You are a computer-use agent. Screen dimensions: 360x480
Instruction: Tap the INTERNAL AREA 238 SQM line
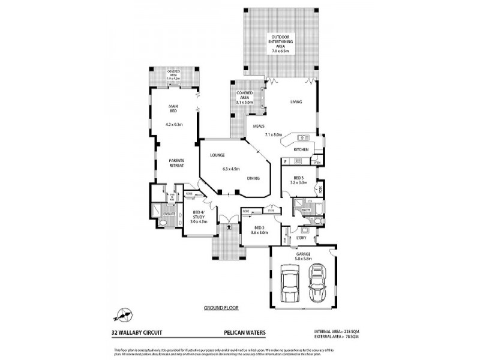click(337, 331)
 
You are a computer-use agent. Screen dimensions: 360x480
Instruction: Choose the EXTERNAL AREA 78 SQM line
click(337, 337)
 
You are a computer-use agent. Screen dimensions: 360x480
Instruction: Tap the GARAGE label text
click(302, 253)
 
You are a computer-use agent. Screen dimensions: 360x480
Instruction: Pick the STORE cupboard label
click(271, 211)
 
